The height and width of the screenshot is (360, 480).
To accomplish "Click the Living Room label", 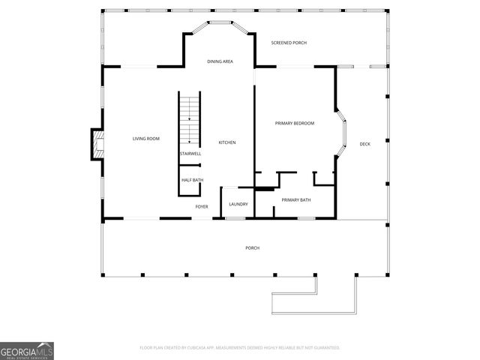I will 146,139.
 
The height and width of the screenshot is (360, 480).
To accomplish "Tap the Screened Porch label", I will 289,43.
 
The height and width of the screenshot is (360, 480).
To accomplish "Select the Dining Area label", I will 220,61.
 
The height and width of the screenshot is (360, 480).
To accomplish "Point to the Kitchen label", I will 227,142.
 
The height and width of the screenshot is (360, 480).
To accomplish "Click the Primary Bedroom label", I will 294,123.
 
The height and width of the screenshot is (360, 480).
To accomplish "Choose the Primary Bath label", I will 296,199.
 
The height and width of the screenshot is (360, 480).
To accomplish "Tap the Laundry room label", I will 238,204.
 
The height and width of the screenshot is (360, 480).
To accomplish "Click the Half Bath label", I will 192,180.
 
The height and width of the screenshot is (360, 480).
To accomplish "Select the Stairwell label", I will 190,154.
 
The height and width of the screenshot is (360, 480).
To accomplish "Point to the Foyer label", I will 202,206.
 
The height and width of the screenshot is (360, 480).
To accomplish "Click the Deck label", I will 364,144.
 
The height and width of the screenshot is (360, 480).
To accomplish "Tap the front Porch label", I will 252,247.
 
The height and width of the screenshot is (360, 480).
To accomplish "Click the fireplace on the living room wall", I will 96,144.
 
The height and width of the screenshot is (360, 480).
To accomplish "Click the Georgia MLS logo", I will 27,351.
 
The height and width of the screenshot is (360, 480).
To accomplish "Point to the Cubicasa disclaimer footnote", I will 240,348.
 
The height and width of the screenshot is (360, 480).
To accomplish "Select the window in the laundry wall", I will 235,218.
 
